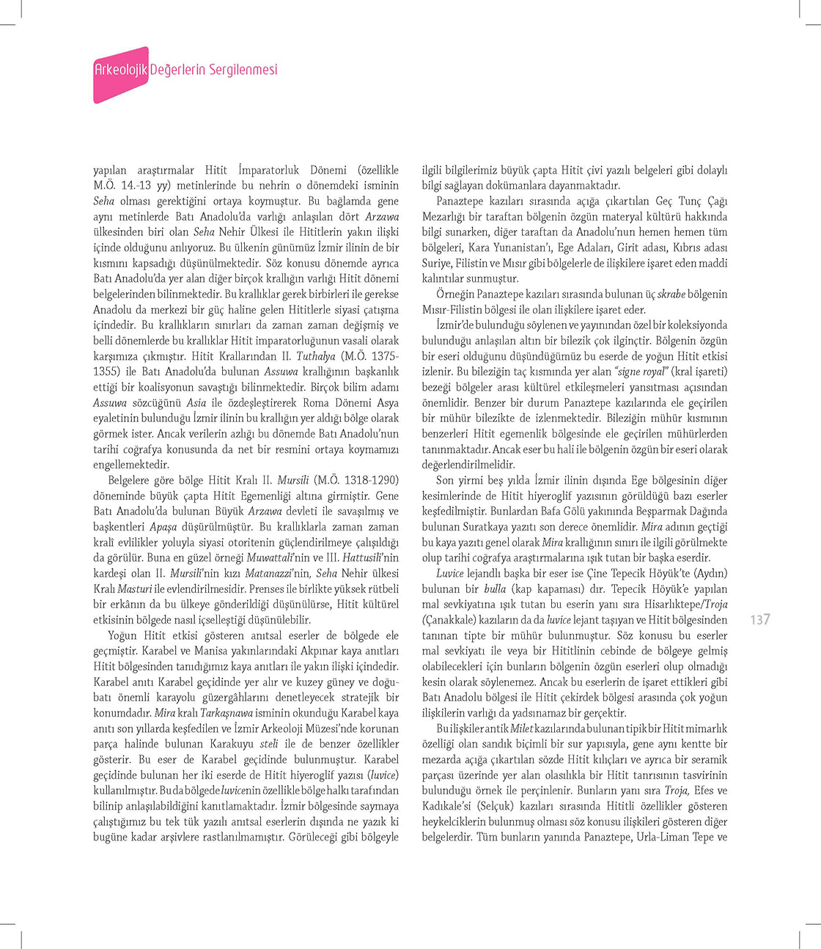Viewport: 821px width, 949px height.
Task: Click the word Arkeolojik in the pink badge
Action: click(x=121, y=70)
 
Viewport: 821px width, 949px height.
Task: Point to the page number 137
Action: click(x=760, y=620)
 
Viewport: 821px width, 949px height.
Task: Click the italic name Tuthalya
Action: click(x=315, y=356)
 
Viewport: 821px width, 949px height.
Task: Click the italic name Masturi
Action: click(x=135, y=589)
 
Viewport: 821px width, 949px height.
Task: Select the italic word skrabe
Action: click(x=671, y=295)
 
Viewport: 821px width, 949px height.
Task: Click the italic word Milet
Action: click(x=521, y=728)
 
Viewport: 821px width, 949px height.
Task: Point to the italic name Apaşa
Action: click(x=163, y=527)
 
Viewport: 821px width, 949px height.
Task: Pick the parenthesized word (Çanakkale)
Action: click(x=454, y=620)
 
